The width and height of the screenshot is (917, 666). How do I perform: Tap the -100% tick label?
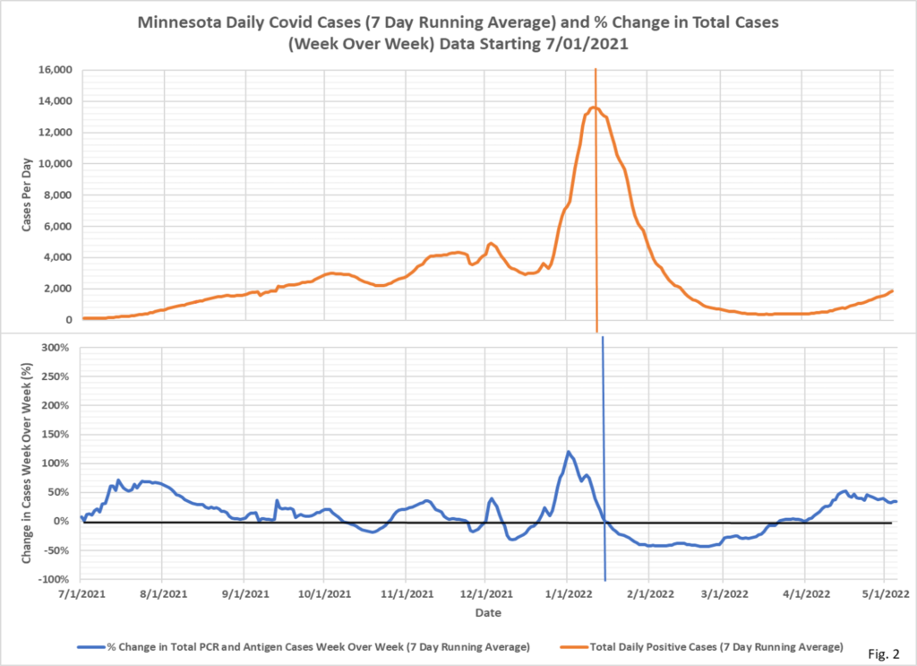tap(56, 578)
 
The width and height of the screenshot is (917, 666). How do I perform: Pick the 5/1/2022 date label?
tap(885, 593)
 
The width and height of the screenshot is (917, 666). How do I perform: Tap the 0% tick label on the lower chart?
tap(64, 521)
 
